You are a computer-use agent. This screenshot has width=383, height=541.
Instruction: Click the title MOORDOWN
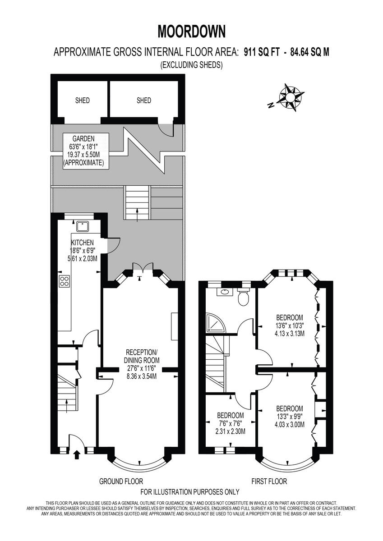191,32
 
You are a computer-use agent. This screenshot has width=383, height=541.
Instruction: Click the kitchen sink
83,226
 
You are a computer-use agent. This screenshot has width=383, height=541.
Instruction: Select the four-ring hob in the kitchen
65,281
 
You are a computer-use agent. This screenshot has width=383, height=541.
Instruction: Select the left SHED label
82,101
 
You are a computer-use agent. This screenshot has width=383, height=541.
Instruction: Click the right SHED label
144,101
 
